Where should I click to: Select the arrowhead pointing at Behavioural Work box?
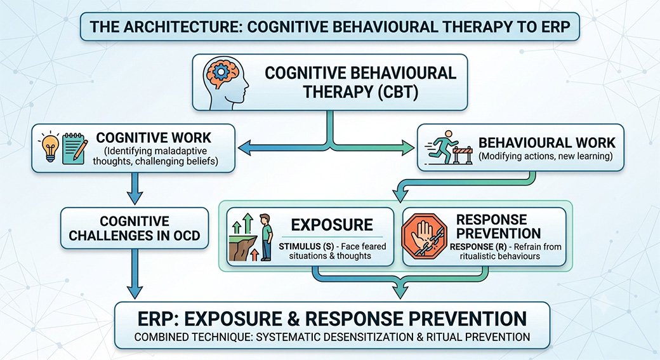click(409, 148)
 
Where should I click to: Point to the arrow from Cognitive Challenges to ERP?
click(135, 274)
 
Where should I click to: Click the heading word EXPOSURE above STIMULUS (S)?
click(332, 225)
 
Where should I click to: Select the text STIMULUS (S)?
click(306, 246)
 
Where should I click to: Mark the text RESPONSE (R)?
click(477, 247)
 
